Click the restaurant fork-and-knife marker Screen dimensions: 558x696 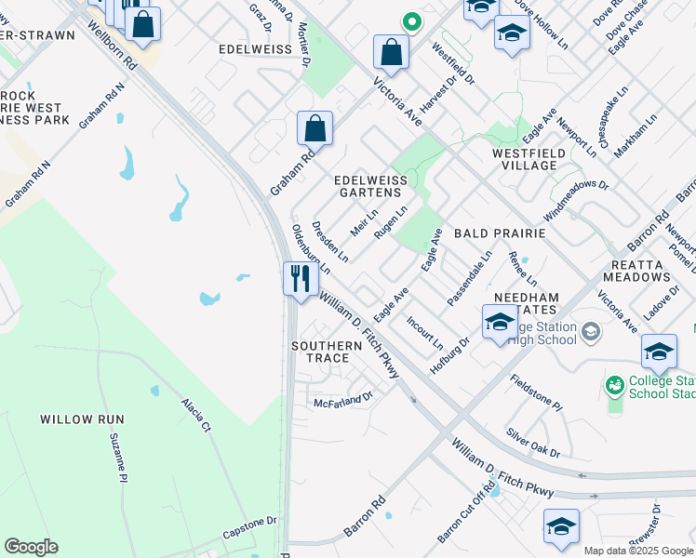(x=301, y=279)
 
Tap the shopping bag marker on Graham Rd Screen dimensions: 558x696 (x=315, y=129)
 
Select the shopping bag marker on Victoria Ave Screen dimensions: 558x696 (x=392, y=53)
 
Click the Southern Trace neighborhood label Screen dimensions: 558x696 (x=326, y=352)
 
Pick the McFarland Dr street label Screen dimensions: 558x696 (x=342, y=401)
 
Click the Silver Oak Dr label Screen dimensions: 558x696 (x=533, y=444)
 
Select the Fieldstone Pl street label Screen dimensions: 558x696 (x=537, y=394)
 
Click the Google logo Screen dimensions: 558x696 (x=31, y=547)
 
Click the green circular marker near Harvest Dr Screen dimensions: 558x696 (x=410, y=20)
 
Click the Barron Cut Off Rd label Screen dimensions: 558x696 (x=466, y=513)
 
